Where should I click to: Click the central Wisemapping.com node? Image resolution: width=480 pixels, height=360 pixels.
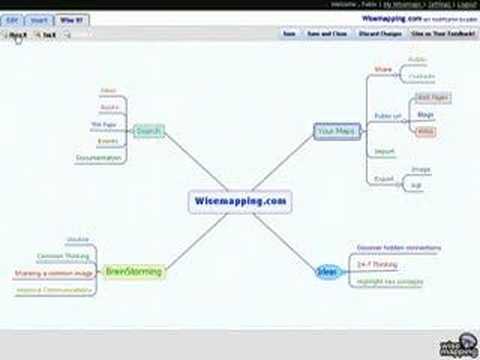tap(238, 201)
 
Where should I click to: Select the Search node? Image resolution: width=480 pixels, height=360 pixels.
tap(148, 131)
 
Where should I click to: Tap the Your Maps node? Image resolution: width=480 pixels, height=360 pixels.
tap(336, 130)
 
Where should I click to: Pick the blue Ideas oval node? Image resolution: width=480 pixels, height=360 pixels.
tap(326, 271)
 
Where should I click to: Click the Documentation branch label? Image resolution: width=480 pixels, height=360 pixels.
tap(98, 158)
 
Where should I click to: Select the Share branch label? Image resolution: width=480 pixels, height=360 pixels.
tap(381, 70)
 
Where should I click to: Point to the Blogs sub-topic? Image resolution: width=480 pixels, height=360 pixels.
tap(424, 115)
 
